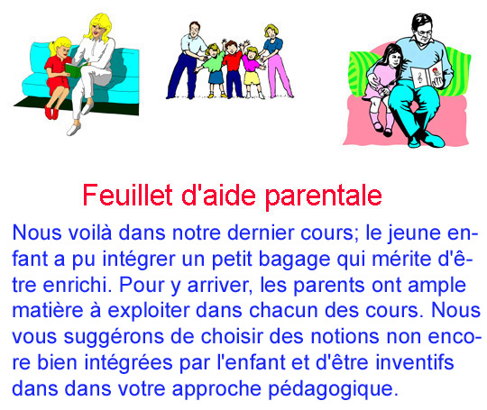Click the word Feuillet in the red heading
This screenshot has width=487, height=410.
[128, 195]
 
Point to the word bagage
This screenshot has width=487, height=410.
[294, 260]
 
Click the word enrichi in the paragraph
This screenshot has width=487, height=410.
[77, 285]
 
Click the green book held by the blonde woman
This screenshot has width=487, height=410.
[74, 69]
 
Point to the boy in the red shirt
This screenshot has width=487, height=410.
[233, 68]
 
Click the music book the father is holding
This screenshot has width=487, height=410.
[427, 75]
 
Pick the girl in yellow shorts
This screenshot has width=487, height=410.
[252, 71]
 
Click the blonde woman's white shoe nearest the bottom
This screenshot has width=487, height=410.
[74, 129]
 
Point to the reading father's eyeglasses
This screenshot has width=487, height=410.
[424, 32]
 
